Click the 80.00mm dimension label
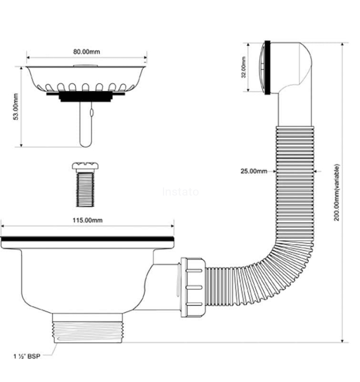coord(87,51)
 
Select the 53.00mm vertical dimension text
coord(16,106)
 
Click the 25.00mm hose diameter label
coord(254,171)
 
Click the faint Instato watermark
coord(180,192)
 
